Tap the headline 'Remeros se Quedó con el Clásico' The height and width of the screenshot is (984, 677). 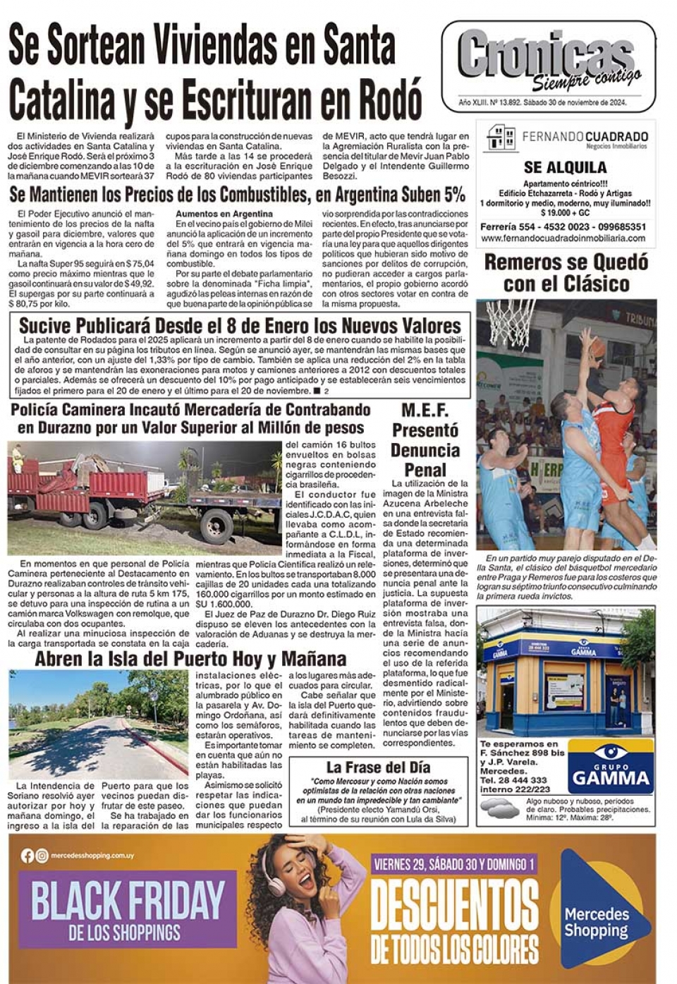[566, 273]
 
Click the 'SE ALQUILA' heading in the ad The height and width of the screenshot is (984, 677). [565, 167]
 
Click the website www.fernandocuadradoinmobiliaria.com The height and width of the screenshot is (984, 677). [564, 238]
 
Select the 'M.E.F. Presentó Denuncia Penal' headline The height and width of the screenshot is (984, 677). [425, 440]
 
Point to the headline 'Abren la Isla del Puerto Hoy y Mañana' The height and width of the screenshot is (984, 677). [190, 659]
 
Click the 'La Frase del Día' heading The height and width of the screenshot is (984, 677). [378, 767]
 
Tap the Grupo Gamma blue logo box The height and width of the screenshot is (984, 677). [610, 766]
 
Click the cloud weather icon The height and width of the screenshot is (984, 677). [499, 810]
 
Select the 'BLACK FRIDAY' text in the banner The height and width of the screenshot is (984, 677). [128, 900]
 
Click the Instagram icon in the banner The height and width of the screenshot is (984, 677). [42, 856]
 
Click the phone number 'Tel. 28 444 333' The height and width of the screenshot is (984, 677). [513, 780]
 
